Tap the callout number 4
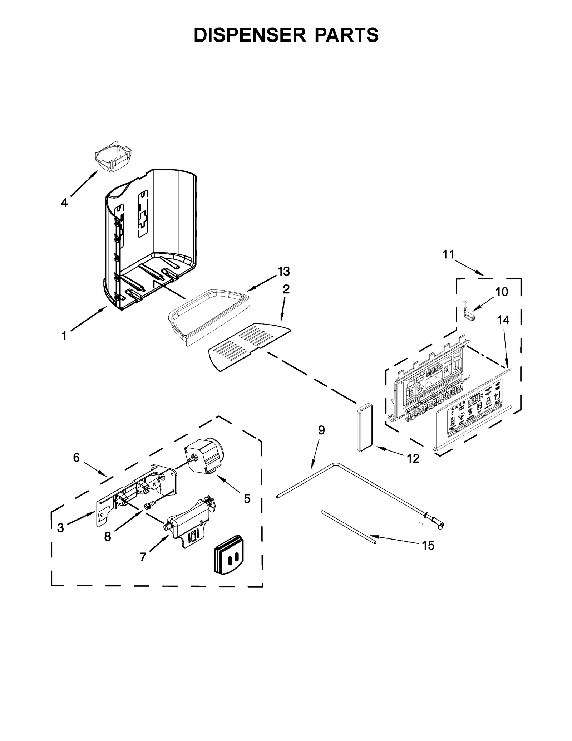point(64,203)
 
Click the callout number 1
point(64,336)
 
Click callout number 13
point(284,272)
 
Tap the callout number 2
point(286,289)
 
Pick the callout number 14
point(503,320)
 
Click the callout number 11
point(448,254)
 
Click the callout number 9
point(321,430)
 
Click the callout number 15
point(428,546)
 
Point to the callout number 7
point(143,557)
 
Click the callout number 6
point(76,457)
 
